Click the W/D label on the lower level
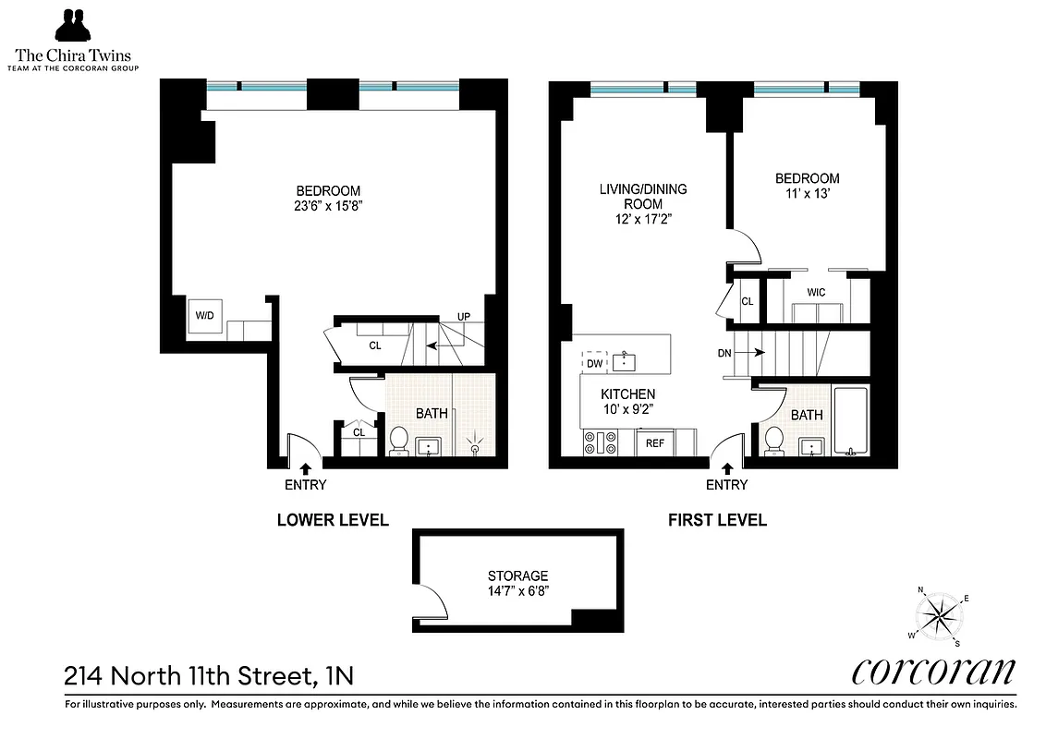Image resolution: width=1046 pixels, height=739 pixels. [x=203, y=316]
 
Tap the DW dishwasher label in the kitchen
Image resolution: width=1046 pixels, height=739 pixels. [x=594, y=363]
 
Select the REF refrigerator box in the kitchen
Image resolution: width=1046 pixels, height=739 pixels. [x=655, y=443]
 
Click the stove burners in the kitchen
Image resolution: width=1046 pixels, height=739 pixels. [x=600, y=444]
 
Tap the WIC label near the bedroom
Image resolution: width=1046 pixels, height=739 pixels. [x=816, y=292]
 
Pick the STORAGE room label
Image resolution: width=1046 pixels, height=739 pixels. [x=518, y=575]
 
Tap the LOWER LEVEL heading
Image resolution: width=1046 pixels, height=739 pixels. [x=333, y=520]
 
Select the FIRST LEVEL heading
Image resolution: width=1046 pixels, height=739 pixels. [x=717, y=520]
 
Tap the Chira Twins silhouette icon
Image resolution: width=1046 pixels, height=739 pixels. [x=76, y=26]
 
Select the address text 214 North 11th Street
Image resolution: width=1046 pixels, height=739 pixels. [x=208, y=676]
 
